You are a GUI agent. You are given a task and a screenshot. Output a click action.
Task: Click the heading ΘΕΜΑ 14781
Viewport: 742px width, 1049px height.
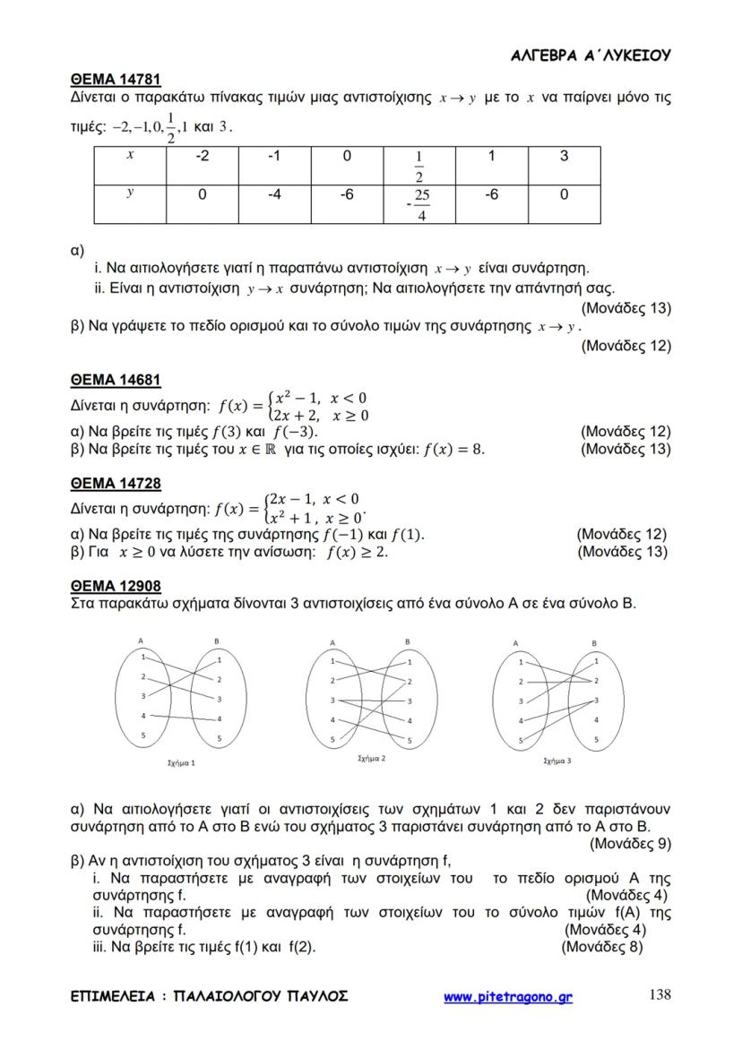116,80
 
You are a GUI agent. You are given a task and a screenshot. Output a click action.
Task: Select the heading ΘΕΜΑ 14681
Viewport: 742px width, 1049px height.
116,380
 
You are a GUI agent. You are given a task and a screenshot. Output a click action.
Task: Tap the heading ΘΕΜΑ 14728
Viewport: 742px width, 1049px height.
116,484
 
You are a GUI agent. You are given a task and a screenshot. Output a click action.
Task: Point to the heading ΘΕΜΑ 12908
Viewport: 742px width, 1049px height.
116,587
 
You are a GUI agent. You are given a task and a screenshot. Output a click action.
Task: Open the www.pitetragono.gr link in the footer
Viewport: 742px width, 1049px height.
508,996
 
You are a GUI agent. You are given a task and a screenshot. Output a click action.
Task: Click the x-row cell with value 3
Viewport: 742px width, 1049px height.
564,157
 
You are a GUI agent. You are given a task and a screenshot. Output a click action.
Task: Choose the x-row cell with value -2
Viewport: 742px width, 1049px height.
202,157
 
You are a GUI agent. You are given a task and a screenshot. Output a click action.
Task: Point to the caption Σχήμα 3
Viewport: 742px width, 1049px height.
556,761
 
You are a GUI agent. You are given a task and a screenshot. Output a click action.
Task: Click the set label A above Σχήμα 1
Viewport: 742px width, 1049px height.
142,640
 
